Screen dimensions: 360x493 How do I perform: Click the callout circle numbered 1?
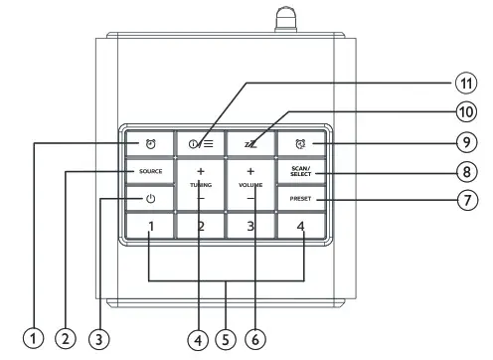pos(35,339)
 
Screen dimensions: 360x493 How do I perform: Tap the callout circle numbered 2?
pos(66,339)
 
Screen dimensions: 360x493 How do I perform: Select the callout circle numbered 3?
pos(96,339)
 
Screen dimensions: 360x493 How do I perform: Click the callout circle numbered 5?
pos(227,339)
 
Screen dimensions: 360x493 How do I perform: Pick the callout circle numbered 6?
pos(254,339)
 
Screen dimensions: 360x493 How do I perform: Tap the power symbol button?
pos(150,199)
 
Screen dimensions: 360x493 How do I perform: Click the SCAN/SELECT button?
pos(300,171)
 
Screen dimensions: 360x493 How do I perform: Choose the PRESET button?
pos(300,199)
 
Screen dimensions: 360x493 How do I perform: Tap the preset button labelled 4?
pos(300,227)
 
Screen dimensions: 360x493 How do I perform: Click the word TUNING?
pos(201,185)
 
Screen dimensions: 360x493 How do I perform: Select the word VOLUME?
pos(250,185)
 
